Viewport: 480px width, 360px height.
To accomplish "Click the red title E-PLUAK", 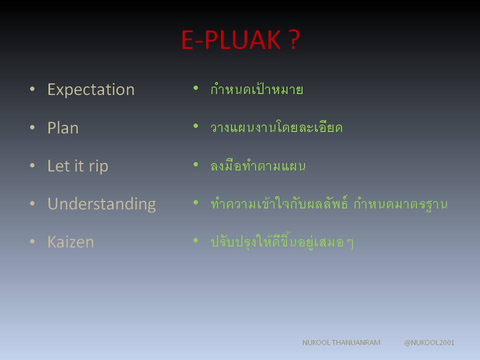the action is click(231, 40).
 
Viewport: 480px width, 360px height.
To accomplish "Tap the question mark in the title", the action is click(294, 40).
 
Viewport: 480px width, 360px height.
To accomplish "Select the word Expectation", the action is click(91, 90).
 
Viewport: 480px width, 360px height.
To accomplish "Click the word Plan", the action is click(63, 127).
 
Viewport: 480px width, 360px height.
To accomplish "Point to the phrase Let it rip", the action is click(78, 166).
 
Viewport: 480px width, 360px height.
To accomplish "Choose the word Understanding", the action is click(101, 204).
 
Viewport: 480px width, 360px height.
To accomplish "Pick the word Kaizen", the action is click(70, 242).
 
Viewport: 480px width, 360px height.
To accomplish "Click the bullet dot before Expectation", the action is click(32, 89).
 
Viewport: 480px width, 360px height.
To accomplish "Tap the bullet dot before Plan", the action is click(32, 127).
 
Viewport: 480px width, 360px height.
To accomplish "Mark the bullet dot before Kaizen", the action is click(32, 241).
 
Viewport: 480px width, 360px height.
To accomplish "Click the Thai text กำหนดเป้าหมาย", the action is click(256, 89).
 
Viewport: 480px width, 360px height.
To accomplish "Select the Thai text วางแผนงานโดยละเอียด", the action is click(276, 126).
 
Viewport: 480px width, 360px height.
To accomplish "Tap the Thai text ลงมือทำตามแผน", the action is click(258, 165).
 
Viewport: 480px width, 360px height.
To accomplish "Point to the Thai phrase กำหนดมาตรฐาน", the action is click(400, 204).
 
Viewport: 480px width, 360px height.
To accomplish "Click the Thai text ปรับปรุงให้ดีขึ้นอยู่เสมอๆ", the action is click(282, 241).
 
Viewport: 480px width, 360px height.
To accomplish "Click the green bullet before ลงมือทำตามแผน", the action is click(196, 164).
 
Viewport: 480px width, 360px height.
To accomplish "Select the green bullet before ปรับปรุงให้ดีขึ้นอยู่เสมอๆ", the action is click(196, 240).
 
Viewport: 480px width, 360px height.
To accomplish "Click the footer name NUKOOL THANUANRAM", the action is click(341, 342).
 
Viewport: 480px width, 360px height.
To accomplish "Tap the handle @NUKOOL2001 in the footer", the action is click(429, 342).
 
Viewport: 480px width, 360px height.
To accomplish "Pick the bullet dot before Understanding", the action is click(32, 203).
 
